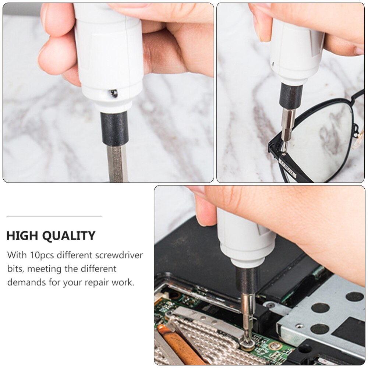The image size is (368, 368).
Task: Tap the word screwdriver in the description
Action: (x=119, y=255)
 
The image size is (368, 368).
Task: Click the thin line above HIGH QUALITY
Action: (x=54, y=216)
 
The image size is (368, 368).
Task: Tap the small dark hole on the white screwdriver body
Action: (x=114, y=94)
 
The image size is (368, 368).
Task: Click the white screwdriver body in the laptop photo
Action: (x=245, y=239)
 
